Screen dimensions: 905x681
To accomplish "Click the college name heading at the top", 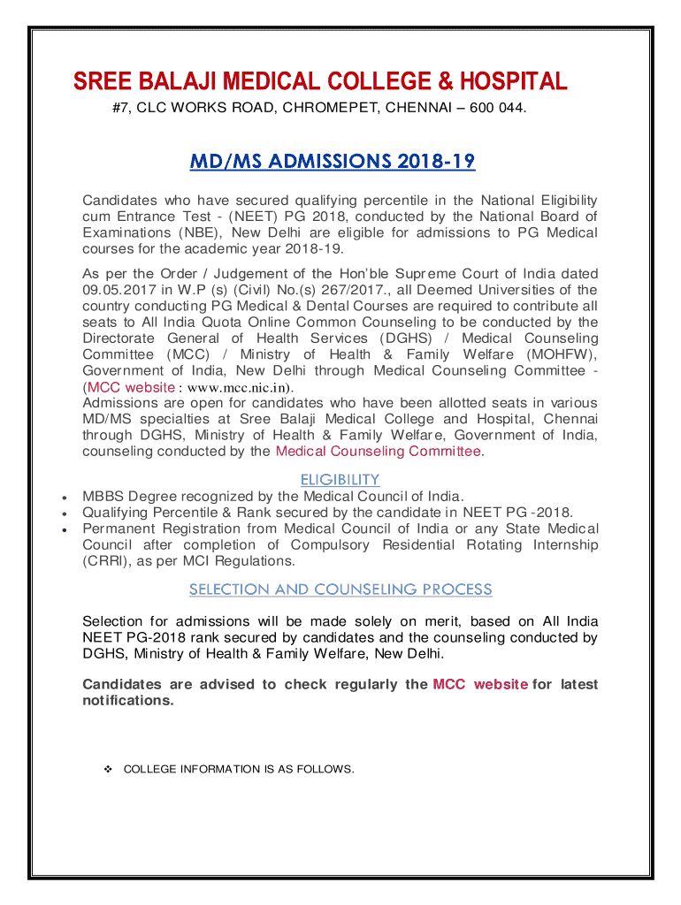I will pos(319,82).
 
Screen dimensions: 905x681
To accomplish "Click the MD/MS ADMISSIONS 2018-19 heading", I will pos(333,162).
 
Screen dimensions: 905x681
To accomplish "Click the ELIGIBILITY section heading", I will pos(340,479).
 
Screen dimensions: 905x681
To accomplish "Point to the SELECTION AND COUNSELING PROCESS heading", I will pos(340,589).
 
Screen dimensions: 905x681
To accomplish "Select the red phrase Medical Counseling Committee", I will pos(379,452).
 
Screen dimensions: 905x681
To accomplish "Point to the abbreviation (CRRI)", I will pos(108,561).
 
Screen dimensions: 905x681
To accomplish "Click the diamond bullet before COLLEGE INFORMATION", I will pos(106,769).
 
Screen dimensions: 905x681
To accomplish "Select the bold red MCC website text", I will pos(480,684).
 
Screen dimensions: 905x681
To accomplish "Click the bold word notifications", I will pos(127,701).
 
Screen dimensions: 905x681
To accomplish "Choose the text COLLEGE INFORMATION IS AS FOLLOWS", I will pos(238,769).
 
